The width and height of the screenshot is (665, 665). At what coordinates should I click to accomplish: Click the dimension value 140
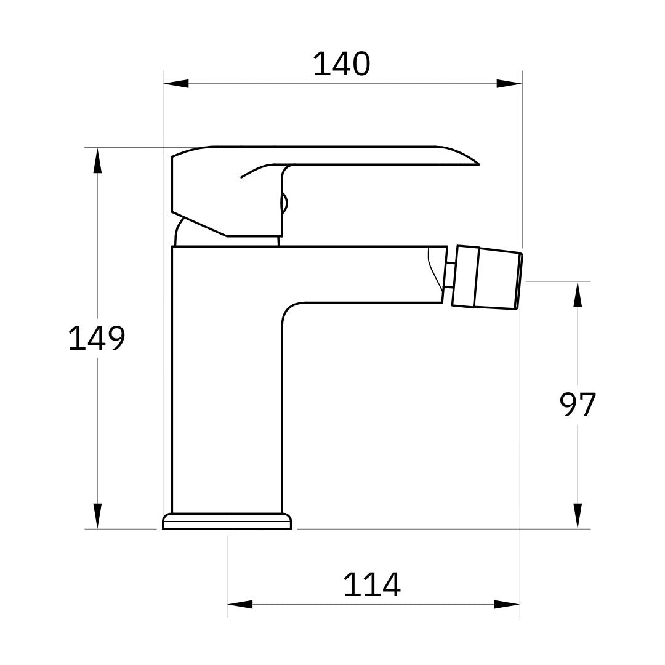pyautogui.click(x=341, y=64)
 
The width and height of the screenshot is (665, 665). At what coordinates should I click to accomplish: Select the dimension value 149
pyautogui.click(x=96, y=338)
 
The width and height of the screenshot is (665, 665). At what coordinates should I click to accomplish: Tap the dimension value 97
pyautogui.click(x=578, y=405)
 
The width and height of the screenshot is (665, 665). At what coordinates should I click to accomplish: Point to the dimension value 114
pyautogui.click(x=372, y=584)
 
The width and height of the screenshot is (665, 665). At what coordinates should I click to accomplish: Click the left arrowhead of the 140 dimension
pyautogui.click(x=176, y=83)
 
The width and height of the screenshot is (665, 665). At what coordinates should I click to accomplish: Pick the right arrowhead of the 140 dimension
pyautogui.click(x=509, y=83)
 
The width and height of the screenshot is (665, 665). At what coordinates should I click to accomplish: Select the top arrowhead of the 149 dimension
pyautogui.click(x=97, y=161)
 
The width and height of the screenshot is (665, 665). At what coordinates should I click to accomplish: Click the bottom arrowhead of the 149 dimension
pyautogui.click(x=97, y=515)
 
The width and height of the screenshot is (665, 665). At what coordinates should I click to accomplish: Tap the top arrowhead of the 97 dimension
pyautogui.click(x=578, y=294)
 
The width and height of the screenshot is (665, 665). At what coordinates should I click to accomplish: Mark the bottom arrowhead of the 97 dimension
pyautogui.click(x=578, y=515)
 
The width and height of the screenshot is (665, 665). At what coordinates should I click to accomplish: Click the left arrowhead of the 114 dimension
pyautogui.click(x=240, y=604)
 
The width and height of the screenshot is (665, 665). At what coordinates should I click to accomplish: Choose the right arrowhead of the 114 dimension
pyautogui.click(x=507, y=604)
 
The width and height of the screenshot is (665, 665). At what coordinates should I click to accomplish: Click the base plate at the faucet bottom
pyautogui.click(x=227, y=522)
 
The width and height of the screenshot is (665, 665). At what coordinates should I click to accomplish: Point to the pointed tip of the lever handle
pyautogui.click(x=477, y=164)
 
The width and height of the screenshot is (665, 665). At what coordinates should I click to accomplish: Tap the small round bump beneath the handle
pyautogui.click(x=284, y=203)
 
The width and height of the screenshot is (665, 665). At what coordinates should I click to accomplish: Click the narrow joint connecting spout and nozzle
pyautogui.click(x=449, y=275)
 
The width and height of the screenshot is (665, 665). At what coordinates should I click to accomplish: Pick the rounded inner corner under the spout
pyautogui.click(x=289, y=311)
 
